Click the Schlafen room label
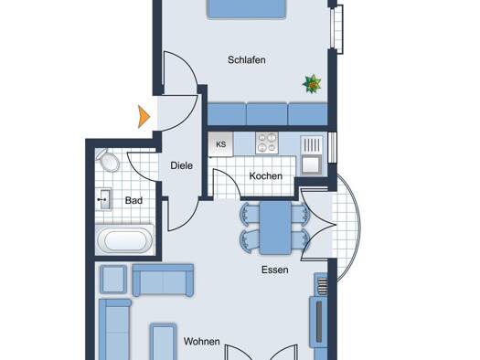(x=247, y=60)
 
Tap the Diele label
(x=182, y=165)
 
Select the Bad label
(x=133, y=200)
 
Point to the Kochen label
(x=266, y=175)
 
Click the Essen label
(x=275, y=270)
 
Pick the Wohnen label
(x=202, y=342)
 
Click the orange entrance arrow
(x=144, y=117)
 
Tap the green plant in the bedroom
(x=312, y=83)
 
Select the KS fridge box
(x=220, y=144)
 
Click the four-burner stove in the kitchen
(x=267, y=143)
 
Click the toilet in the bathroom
(x=108, y=160)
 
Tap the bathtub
(x=125, y=239)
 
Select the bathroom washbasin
(x=104, y=199)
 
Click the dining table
(x=275, y=228)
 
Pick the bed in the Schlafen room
(x=247, y=9)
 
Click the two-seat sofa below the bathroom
(x=163, y=281)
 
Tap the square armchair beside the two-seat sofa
(x=113, y=279)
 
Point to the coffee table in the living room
(x=163, y=342)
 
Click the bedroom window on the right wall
(x=336, y=29)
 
